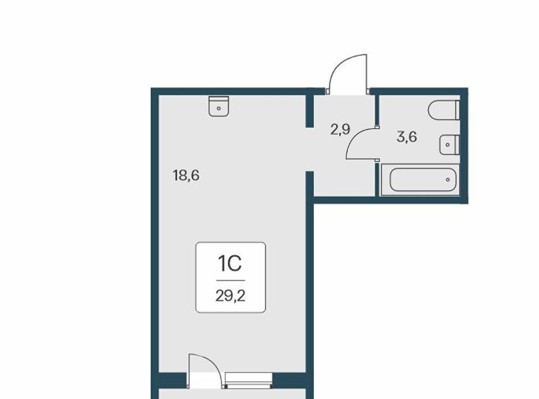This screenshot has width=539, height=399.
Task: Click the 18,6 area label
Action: pyautogui.click(x=186, y=176)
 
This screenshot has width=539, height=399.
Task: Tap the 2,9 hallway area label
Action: pyautogui.click(x=340, y=130)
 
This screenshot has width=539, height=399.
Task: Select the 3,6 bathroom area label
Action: pyautogui.click(x=406, y=137)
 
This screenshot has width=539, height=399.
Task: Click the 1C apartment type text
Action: pyautogui.click(x=230, y=264)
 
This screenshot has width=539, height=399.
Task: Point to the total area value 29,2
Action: pyautogui.click(x=230, y=296)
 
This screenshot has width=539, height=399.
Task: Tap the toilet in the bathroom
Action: pyautogui.click(x=444, y=110)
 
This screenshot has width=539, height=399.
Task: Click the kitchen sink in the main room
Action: pyautogui.click(x=218, y=106)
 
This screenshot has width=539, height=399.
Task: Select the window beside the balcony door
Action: pyautogui.click(x=249, y=381)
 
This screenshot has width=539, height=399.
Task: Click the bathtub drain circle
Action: pyautogui.click(x=447, y=180)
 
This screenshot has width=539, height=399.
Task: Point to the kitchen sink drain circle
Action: pyautogui.click(x=218, y=108)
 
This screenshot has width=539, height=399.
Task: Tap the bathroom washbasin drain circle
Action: pyautogui.click(x=447, y=145)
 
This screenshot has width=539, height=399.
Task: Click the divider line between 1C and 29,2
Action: pyautogui.click(x=230, y=280)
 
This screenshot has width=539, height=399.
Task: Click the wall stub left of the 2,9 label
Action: pyautogui.click(x=310, y=111)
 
